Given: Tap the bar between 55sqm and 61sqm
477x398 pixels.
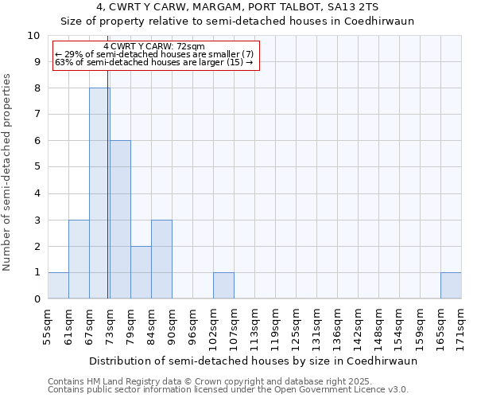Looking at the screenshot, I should pyautogui.click(x=58, y=286).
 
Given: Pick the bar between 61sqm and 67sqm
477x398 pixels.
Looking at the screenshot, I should pyautogui.click(x=79, y=259).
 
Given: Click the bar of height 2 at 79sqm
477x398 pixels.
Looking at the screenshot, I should pyautogui.click(x=141, y=272).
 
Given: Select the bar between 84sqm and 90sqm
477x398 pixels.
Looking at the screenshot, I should pyautogui.click(x=161, y=259).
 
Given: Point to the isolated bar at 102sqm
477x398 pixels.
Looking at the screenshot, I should pyautogui.click(x=223, y=286).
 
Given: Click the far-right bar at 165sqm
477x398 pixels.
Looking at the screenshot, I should pyautogui.click(x=451, y=286).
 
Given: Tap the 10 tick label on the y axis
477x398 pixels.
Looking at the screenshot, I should pyautogui.click(x=33, y=36).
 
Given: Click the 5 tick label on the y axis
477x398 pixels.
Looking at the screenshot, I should pyautogui.click(x=37, y=167).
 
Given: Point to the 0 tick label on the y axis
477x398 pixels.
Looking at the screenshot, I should pyautogui.click(x=37, y=299).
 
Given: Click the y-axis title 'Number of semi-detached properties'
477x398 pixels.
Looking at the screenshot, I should pyautogui.click(x=8, y=173).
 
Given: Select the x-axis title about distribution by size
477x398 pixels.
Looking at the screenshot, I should pyautogui.click(x=253, y=361).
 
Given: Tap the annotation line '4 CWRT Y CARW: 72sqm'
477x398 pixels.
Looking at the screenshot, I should pyautogui.click(x=154, y=47).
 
